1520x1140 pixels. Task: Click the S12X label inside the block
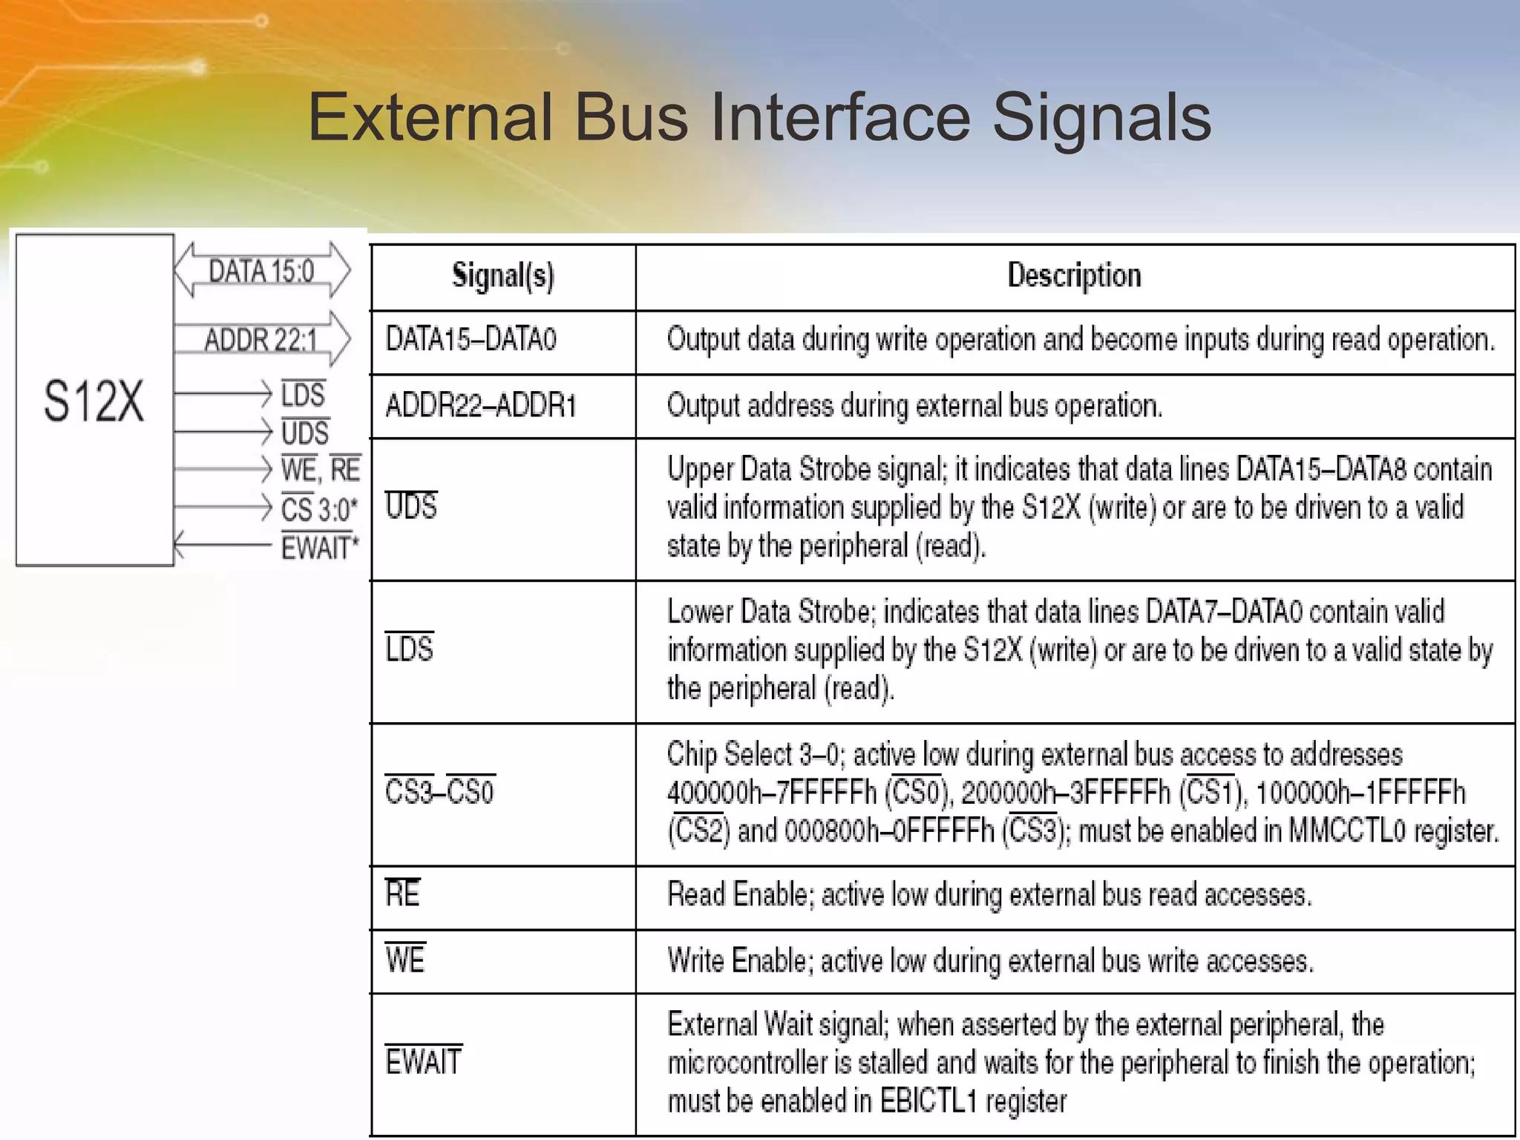coord(94,402)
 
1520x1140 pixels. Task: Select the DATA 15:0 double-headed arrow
coord(262,270)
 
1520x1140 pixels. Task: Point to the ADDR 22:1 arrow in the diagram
coord(261,339)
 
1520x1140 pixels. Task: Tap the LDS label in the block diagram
coord(303,394)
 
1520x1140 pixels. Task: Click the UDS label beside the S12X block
coord(304,433)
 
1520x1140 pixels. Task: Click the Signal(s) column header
coord(503,276)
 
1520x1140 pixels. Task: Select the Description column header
coord(1074,276)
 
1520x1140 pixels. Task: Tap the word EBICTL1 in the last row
coord(928,1101)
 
